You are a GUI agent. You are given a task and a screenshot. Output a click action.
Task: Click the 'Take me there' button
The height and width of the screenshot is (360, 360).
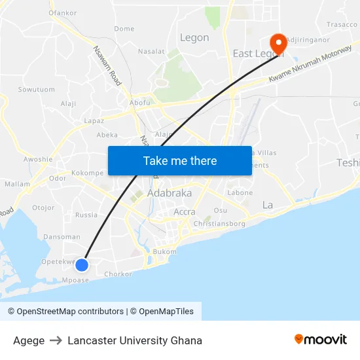180,160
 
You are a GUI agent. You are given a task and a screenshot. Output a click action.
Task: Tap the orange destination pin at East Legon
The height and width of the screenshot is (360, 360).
279,43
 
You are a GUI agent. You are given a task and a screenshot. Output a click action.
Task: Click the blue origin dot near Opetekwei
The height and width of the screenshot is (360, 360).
82,264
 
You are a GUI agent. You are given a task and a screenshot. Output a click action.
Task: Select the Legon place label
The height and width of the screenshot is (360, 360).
194,38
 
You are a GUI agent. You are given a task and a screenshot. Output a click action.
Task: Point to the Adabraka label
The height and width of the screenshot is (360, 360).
170,194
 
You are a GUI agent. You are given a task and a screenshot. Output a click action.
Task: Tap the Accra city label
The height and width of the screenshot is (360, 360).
185,211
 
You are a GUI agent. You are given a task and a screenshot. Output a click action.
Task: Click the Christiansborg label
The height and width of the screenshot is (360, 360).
220,224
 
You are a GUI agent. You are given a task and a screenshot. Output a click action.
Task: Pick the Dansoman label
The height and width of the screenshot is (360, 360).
62,237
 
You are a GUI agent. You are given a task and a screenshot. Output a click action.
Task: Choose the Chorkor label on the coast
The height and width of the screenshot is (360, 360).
118,274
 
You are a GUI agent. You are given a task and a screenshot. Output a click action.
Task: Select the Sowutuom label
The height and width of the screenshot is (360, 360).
36,89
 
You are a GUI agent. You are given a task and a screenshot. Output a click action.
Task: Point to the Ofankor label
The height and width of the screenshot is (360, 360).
63,12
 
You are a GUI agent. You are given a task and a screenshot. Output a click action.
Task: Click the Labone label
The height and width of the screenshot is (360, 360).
240,193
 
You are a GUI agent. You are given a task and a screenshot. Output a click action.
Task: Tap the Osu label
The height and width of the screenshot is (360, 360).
221,210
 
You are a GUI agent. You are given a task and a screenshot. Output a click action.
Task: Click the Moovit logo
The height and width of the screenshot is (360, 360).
321,340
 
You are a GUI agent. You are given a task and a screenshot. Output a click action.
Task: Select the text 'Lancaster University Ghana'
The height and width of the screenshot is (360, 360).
135,340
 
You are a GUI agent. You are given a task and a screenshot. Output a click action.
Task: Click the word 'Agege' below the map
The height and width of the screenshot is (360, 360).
29,340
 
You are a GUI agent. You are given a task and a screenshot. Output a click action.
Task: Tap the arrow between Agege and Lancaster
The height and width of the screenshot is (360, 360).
56,340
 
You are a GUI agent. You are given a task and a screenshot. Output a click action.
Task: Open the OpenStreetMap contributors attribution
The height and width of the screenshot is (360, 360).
65,312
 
